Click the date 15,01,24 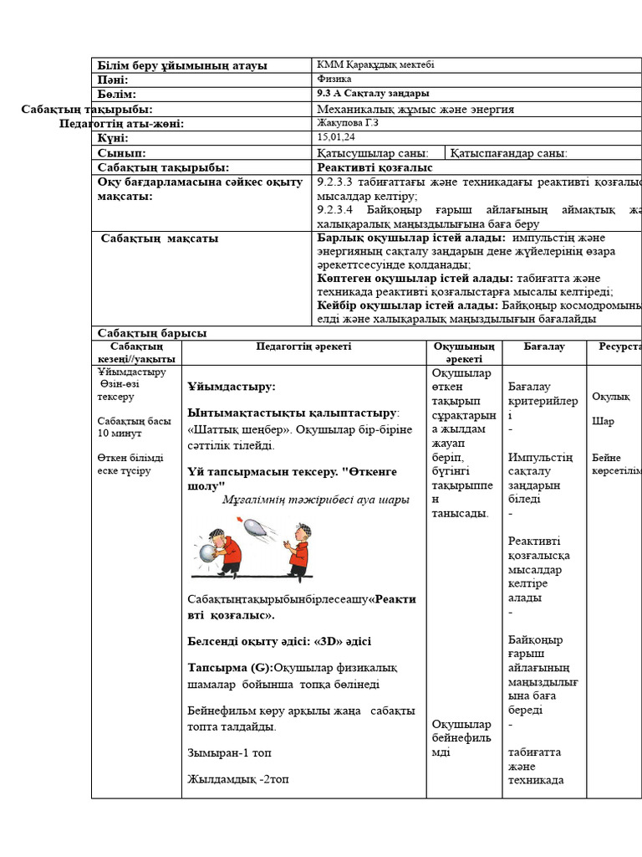pos(337,137)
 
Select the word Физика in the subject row pos(334,79)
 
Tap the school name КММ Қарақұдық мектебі pos(375,64)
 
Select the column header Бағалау pos(544,346)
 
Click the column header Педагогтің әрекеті pos(303,346)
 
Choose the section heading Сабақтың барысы pos(152,333)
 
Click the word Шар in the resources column pos(603,422)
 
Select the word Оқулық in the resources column pos(609,396)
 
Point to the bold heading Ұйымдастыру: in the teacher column pos(232,387)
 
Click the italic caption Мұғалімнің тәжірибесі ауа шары pos(316,500)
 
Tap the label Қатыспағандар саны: pos(509,153)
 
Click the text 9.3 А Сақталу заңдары pos(374,94)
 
